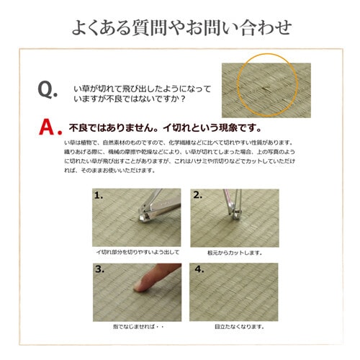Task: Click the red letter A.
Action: point(48,127)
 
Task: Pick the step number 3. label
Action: point(99,269)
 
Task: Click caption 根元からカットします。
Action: point(234,253)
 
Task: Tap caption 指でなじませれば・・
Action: point(137,326)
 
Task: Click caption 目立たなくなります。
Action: point(234,326)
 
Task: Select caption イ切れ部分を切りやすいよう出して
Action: point(137,253)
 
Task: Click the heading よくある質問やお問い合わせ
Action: point(181,29)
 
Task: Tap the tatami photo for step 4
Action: point(234,292)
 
